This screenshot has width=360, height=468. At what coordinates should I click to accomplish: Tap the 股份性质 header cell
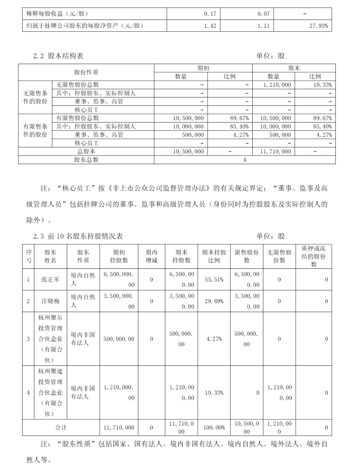coord(86,72)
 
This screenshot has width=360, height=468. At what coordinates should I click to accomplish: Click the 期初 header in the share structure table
coord(203,68)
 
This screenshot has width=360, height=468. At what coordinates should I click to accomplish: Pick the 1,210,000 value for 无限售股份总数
coord(276,85)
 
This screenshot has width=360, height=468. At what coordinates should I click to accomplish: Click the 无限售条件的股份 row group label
coord(35,97)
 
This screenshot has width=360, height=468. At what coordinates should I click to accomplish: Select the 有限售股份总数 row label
coord(78,118)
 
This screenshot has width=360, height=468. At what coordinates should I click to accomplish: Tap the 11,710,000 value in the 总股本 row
coord(276,151)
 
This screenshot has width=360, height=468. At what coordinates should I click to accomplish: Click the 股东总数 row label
coord(86,160)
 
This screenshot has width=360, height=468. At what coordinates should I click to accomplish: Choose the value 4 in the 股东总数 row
coord(245,160)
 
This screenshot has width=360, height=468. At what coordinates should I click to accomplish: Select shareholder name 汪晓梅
coord(50,301)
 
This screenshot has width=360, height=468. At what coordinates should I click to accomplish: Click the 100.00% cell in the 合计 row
coord(214,427)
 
